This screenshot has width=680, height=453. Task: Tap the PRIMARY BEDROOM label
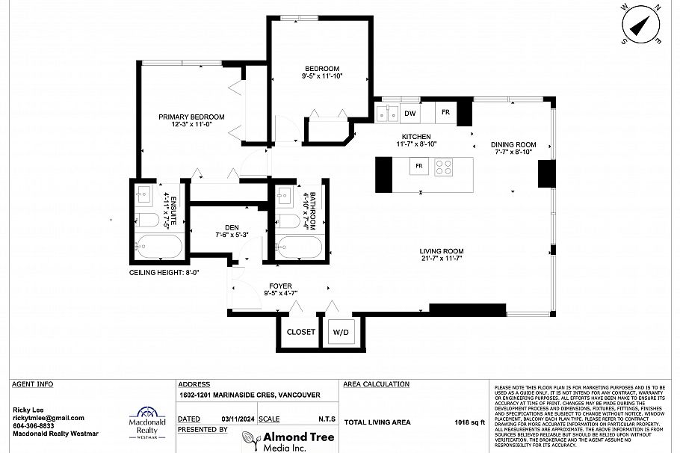(191, 117)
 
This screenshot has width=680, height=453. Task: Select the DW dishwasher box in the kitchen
(409, 114)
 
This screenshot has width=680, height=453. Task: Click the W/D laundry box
(341, 332)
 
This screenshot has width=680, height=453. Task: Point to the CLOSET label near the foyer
(301, 332)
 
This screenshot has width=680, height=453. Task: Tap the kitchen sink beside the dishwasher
(387, 114)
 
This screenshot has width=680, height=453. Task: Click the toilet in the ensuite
(147, 220)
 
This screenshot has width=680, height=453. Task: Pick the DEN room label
(232, 228)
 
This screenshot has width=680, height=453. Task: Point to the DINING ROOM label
(513, 144)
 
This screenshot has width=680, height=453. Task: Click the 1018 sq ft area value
(471, 422)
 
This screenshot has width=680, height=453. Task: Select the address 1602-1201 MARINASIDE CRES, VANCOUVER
(250, 395)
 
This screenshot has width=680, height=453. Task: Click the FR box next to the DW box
(445, 113)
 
